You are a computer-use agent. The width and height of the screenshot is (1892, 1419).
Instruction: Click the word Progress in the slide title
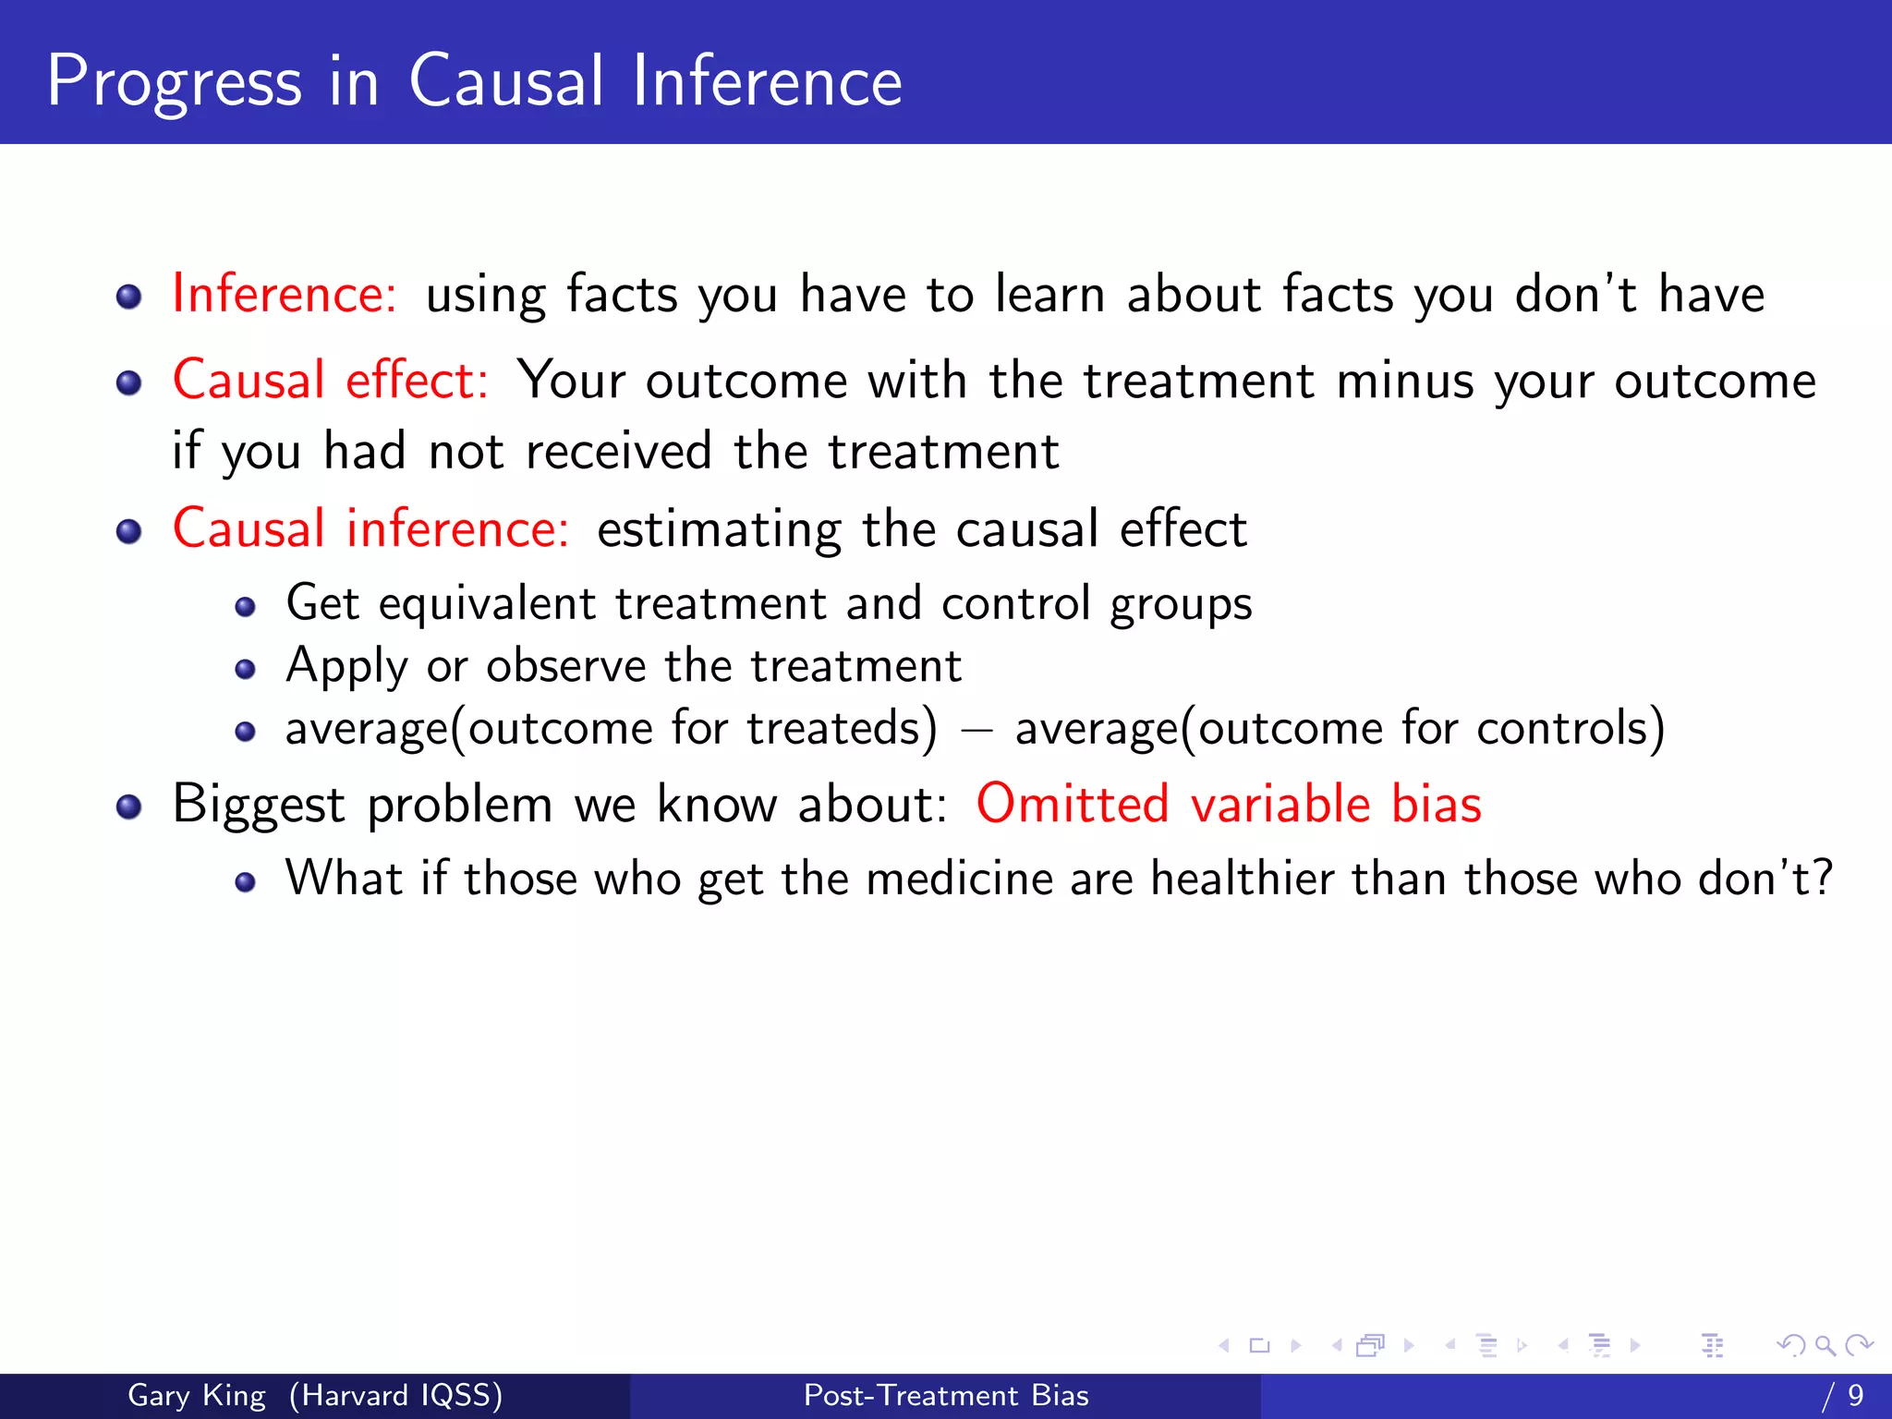(x=174, y=83)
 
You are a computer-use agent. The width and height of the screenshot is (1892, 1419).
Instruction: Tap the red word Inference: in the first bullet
(x=285, y=295)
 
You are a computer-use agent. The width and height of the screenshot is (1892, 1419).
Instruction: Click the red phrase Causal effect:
(x=330, y=381)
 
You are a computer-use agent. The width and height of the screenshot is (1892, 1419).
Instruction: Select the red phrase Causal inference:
(x=370, y=529)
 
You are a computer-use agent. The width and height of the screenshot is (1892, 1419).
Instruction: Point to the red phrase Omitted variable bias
(x=1228, y=804)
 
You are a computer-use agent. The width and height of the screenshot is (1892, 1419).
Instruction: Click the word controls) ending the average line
(x=1571, y=729)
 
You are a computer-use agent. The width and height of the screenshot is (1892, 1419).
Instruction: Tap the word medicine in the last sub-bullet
(x=959, y=879)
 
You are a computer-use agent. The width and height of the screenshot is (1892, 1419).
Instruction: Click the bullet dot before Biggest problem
(x=128, y=807)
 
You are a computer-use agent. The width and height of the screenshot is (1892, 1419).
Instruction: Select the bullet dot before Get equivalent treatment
(x=245, y=607)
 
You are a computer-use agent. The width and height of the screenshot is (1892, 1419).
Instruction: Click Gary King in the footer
(x=196, y=1395)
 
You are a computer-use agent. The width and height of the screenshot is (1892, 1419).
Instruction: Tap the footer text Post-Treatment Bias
(x=946, y=1395)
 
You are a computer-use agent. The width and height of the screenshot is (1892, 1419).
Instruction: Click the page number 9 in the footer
(x=1855, y=1395)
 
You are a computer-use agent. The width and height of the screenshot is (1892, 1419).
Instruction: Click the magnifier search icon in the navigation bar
(x=1825, y=1346)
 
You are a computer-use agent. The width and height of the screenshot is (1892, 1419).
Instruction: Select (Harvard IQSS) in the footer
(x=395, y=1395)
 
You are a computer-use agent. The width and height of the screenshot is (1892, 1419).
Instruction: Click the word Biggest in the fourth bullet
(x=258, y=805)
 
